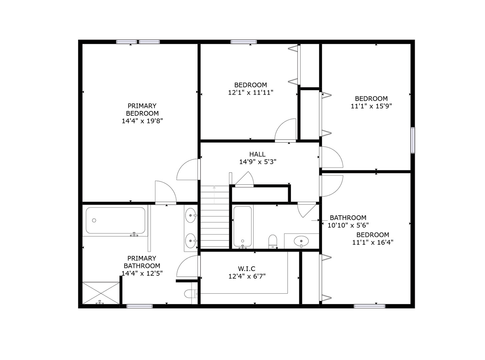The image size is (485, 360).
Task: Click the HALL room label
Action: pos(258,154)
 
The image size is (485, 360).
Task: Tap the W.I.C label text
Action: pos(247,269)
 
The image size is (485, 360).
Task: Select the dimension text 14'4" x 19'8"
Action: pos(142,121)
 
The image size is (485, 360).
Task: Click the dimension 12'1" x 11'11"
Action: pos(251,92)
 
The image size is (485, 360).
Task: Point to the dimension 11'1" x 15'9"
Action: pos(371,106)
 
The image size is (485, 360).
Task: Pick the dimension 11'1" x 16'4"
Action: pos(373,242)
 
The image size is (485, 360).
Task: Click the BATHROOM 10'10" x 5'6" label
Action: pos(348,221)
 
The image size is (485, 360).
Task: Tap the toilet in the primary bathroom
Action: pos(191,294)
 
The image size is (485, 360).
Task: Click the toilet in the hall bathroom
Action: pos(273,242)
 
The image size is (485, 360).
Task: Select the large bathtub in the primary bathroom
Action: pos(115,220)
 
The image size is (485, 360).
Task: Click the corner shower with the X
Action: pos(101,293)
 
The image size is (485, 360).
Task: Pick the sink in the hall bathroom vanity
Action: pos(301,241)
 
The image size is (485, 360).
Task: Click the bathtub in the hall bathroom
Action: pos(242,226)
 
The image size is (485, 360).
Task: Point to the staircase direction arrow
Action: pos(214,195)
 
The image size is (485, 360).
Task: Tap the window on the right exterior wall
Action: pos(413,140)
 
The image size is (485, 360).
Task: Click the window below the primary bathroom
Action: pos(139,306)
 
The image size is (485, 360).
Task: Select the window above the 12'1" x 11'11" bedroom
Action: pos(244,42)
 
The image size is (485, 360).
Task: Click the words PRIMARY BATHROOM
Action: pos(142,262)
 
